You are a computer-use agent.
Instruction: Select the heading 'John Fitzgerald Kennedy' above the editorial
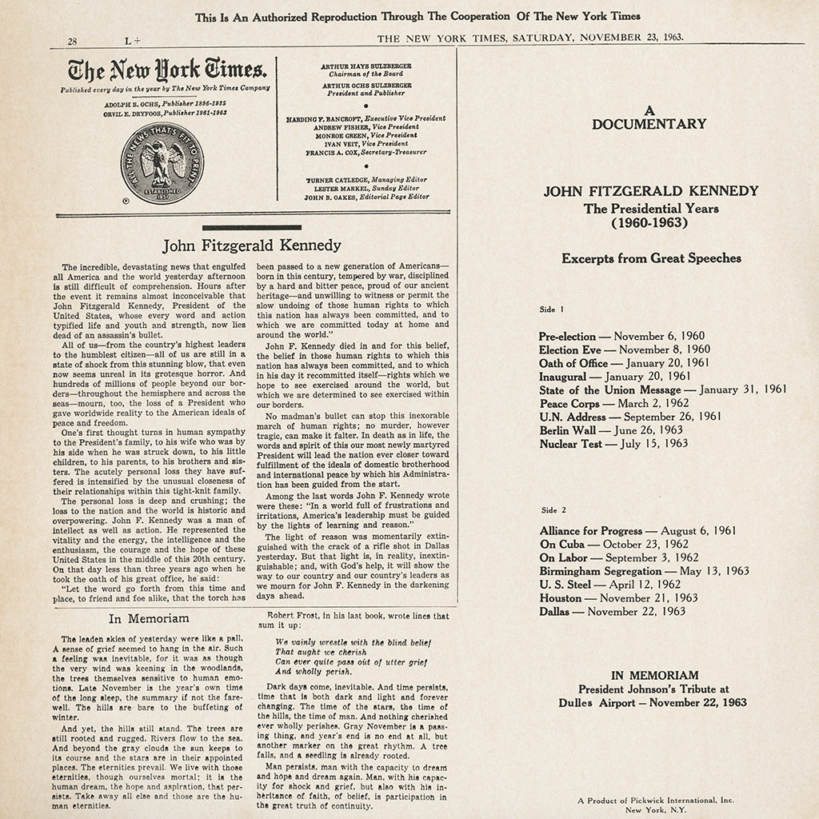[x=252, y=245]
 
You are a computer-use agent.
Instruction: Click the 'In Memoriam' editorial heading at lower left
[x=149, y=618]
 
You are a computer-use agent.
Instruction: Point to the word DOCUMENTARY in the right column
[x=649, y=123]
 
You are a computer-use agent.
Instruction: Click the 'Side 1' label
[x=552, y=309]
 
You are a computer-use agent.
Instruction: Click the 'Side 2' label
[x=553, y=509]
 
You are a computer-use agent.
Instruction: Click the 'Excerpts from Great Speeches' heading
[x=651, y=258]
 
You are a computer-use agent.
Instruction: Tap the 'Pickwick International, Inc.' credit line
[x=655, y=800]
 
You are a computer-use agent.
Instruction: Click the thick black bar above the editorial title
[x=251, y=229]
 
